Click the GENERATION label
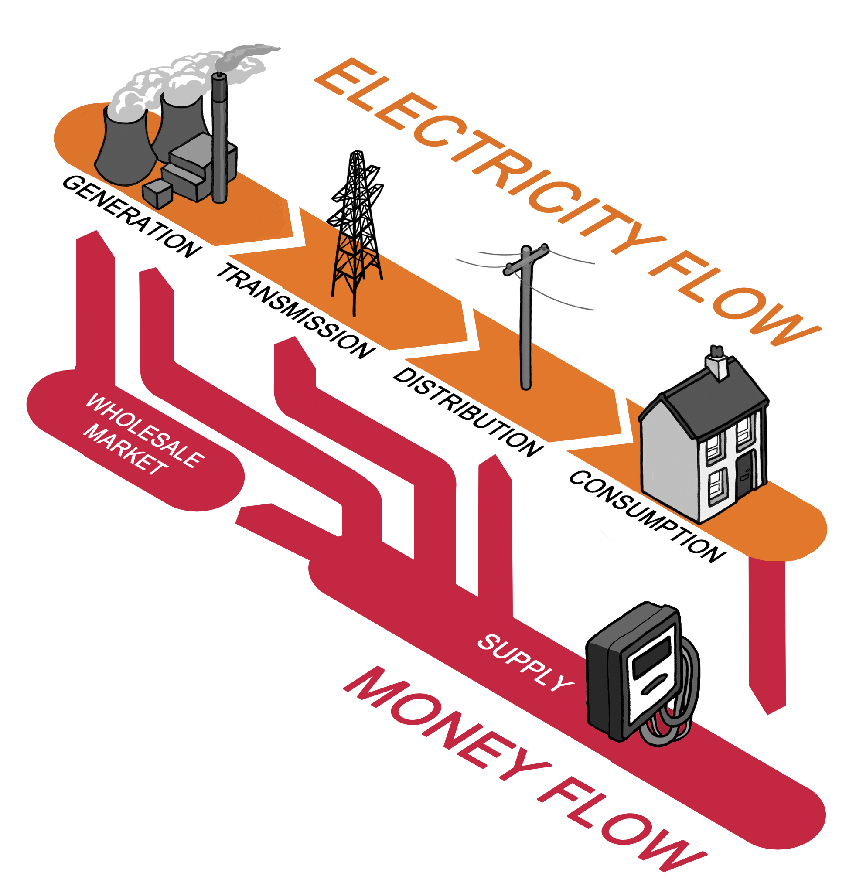[x=132, y=216]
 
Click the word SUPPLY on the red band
[x=524, y=661]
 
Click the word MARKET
[x=125, y=449]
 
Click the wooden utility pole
[x=526, y=319]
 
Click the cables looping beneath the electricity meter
[x=667, y=724]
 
